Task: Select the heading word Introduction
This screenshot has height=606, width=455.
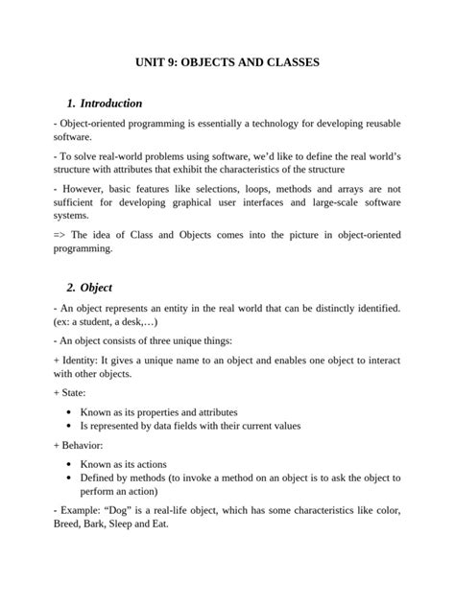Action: (x=111, y=103)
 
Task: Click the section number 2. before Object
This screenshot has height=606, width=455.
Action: (x=72, y=287)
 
